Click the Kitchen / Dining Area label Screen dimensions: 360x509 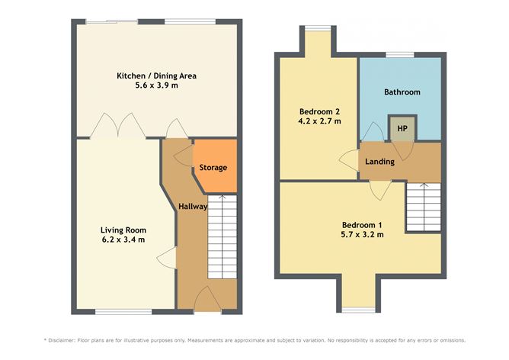click(158, 76)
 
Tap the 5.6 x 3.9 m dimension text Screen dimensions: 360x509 click(158, 86)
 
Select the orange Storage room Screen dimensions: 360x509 click(213, 167)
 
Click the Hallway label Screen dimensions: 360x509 click(193, 207)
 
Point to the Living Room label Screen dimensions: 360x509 click(123, 230)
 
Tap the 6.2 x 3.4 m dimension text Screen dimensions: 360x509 click(123, 240)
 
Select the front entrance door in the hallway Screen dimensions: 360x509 click(206, 299)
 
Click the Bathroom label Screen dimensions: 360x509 click(402, 92)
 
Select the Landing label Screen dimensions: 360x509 click(379, 162)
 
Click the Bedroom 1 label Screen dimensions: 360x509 click(362, 224)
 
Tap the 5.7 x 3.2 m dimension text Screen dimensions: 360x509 click(362, 235)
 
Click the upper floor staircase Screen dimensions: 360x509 click(423, 207)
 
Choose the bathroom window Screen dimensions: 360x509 click(399, 54)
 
